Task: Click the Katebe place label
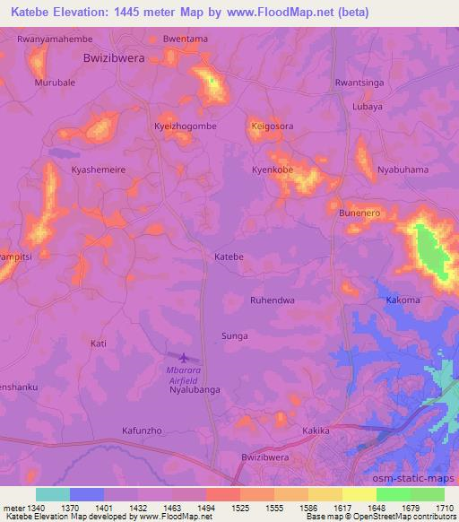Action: point(229,257)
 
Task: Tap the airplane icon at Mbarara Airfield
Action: point(183,357)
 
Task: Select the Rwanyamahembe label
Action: point(55,39)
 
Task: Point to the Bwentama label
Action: point(185,39)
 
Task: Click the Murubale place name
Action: point(56,83)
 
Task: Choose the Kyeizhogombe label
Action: point(186,126)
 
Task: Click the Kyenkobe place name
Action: point(273,170)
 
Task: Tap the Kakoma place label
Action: point(403,300)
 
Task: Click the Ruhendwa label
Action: point(273,300)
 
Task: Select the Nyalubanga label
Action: point(195,390)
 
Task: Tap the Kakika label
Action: point(316,431)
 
